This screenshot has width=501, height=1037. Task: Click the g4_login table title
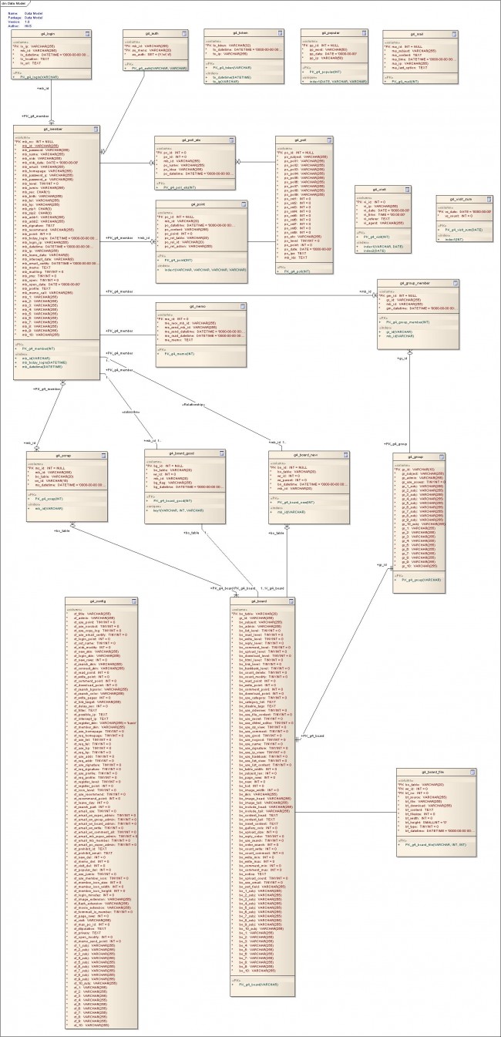[52, 35]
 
